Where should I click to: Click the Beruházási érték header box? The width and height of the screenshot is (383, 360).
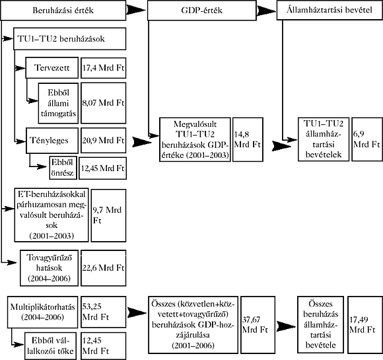[x=63, y=11]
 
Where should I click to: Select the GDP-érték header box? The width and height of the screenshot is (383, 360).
[x=202, y=11]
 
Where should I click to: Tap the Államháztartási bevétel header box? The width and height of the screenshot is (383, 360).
[x=330, y=10]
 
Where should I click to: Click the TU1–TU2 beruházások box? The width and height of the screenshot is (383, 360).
[x=69, y=39]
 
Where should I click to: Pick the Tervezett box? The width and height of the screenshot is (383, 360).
[x=52, y=67]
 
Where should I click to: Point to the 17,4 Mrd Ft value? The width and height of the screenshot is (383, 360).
[x=103, y=67]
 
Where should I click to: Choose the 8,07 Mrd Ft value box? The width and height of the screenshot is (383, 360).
[x=103, y=103]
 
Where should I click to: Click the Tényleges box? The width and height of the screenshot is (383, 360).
[x=52, y=141]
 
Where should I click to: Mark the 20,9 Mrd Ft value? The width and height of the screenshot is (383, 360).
[x=103, y=141]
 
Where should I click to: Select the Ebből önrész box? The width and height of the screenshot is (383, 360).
[x=63, y=168]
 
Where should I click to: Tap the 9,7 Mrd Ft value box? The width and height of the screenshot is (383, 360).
[x=108, y=215]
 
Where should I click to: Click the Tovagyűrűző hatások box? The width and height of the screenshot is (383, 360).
[x=49, y=268]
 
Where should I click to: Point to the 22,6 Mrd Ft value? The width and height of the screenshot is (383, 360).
[x=103, y=268]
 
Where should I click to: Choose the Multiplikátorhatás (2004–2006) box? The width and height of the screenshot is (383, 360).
[x=42, y=312]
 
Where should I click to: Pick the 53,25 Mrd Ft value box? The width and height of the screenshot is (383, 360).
[x=103, y=312]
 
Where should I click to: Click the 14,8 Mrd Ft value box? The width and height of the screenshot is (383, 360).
[x=248, y=139]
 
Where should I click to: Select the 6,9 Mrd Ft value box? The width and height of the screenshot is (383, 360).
[x=367, y=139]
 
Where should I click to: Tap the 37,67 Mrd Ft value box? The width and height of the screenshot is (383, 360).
[x=258, y=325]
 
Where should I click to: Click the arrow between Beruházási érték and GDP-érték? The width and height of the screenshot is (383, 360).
[x=136, y=10]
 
